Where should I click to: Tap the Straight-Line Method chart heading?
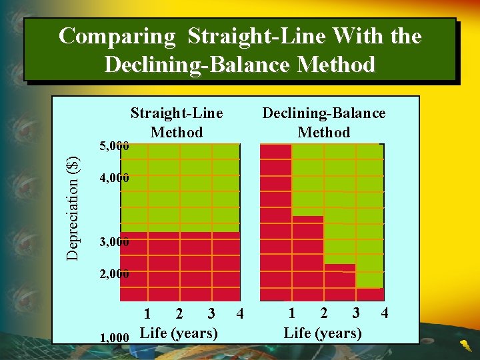pyautogui.click(x=177, y=122)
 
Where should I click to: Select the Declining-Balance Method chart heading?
pyautogui.click(x=324, y=122)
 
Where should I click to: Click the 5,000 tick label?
pyautogui.click(x=113, y=145)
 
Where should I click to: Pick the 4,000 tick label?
pyautogui.click(x=113, y=178)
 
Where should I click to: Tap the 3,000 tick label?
pyautogui.click(x=113, y=241)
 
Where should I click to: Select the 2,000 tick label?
pyautogui.click(x=113, y=274)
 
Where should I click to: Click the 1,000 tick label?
pyautogui.click(x=113, y=337)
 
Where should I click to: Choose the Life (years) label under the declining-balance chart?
pyautogui.click(x=323, y=333)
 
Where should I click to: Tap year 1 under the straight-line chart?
pyautogui.click(x=147, y=313)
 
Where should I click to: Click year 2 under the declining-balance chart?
pyautogui.click(x=324, y=313)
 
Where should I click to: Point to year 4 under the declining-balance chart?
pyautogui.click(x=384, y=313)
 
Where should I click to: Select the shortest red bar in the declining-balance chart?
pyautogui.click(x=370, y=295)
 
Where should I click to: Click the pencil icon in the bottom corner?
pyautogui.click(x=464, y=345)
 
